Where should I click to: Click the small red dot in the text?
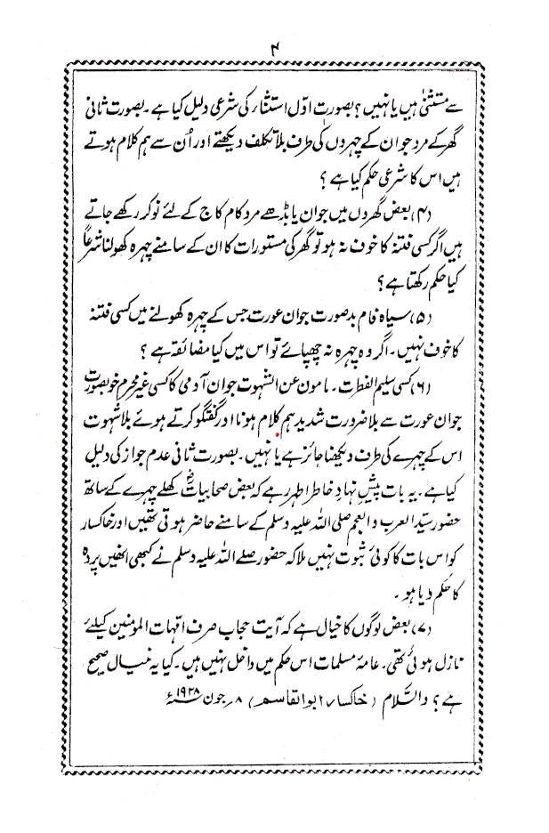[x=280, y=433]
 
